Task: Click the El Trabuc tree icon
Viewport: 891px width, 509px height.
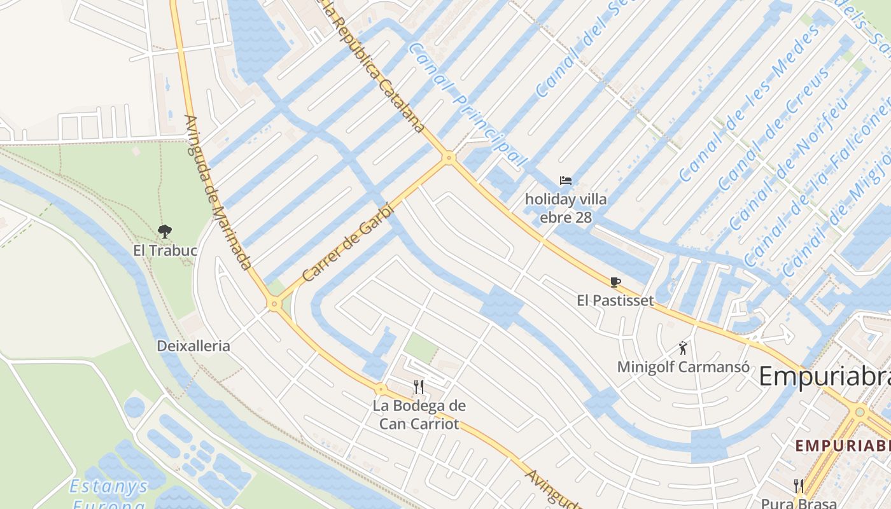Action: click(165, 231)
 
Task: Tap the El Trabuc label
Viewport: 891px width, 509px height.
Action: click(165, 250)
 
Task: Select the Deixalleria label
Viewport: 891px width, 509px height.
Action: click(193, 346)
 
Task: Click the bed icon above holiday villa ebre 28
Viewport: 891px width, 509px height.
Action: click(565, 181)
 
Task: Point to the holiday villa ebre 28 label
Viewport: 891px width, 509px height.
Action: click(565, 208)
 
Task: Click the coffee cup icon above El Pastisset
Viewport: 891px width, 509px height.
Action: click(615, 281)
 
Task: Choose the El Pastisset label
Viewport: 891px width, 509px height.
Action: click(615, 300)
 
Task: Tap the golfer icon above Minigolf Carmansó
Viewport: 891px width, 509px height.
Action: click(683, 348)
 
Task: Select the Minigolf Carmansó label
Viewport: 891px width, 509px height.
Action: click(683, 367)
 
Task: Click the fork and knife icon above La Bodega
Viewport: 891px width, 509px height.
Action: click(419, 386)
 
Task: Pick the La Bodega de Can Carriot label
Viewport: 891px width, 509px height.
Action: click(419, 414)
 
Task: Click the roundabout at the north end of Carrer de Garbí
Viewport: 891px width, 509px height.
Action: click(449, 157)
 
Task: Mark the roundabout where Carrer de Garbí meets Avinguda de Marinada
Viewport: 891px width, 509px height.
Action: click(274, 305)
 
